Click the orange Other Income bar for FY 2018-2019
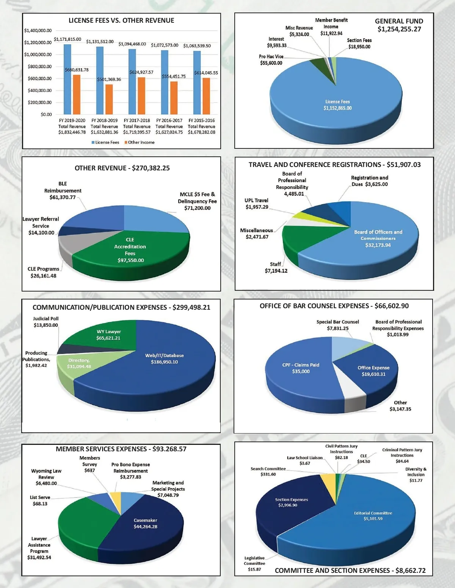[x=109, y=99]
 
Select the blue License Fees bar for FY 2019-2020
[x=67, y=79]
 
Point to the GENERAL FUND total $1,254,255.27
[x=399, y=30]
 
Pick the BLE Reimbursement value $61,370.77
[x=63, y=197]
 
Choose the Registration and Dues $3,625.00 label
[x=369, y=181]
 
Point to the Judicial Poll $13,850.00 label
[x=46, y=322]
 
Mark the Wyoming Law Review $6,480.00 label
[x=46, y=477]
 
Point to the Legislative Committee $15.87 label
[x=254, y=563]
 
